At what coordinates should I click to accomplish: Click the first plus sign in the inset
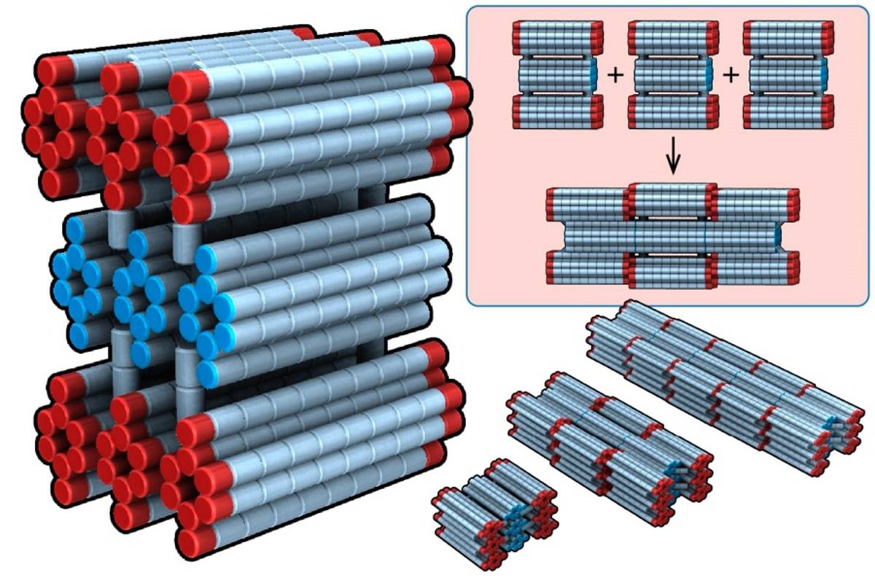615,75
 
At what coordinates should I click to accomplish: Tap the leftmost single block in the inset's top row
558,75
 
